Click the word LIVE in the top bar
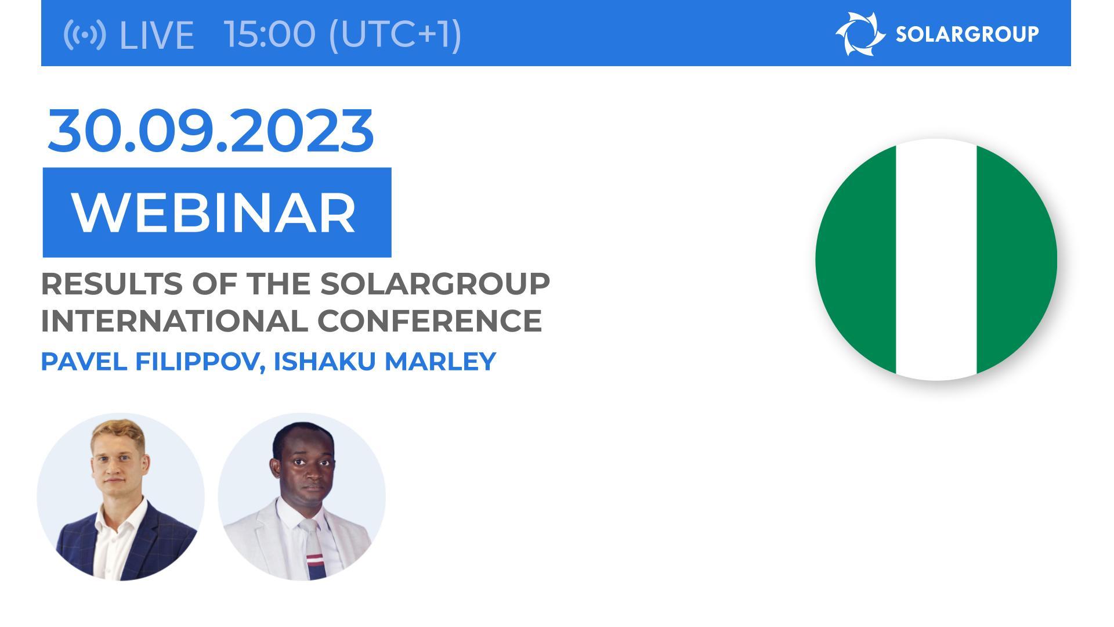pos(155,35)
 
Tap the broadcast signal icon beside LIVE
pos(85,35)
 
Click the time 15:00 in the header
pos(270,34)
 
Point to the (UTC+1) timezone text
pos(395,34)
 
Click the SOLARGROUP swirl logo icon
pos(860,34)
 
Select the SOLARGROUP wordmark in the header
pos(967,34)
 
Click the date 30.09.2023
pos(210,131)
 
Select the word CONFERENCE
pos(429,321)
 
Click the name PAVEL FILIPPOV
pos(149,361)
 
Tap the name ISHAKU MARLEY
pos(384,361)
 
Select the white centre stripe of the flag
pos(936,260)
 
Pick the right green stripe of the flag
pos(1014,260)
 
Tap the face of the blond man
pos(118,462)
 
